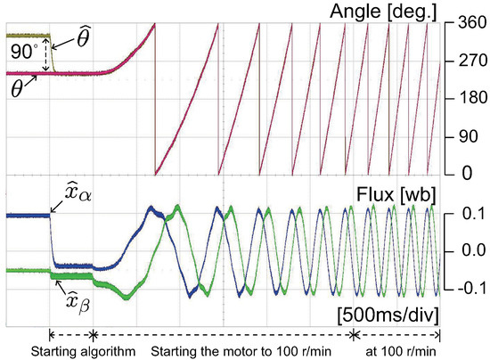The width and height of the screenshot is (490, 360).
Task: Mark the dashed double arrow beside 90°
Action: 43,55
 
